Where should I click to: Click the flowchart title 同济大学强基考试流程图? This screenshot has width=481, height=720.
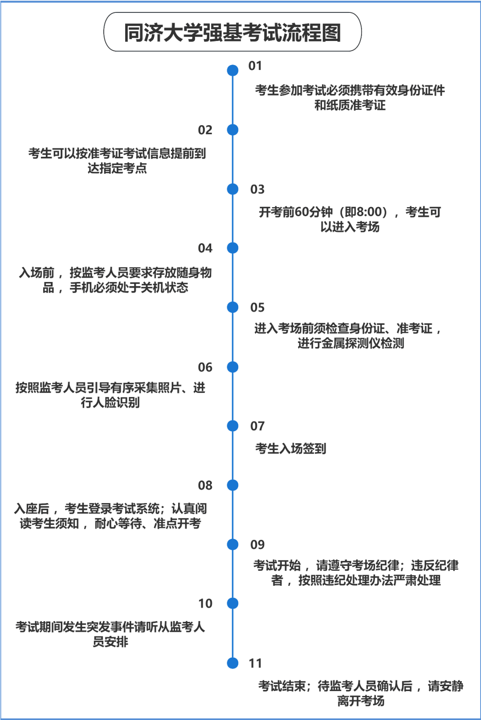tap(232, 33)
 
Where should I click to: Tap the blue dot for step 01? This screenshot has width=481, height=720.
tap(232, 70)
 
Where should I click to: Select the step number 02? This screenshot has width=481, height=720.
tap(205, 130)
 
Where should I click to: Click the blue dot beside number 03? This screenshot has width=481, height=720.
tap(232, 189)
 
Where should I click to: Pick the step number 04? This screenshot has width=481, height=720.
tap(205, 248)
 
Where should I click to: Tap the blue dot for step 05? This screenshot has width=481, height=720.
tap(232, 307)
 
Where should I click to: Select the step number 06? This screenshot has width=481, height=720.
tap(205, 367)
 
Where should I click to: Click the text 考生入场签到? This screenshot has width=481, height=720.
tap(291, 448)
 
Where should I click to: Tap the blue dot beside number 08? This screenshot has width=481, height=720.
tap(232, 485)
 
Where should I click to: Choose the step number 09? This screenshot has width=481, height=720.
tap(257, 544)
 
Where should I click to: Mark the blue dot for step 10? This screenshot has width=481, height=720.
tap(232, 603)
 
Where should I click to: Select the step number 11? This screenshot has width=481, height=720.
tap(256, 663)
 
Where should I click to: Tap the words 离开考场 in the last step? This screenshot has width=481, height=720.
tap(361, 700)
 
